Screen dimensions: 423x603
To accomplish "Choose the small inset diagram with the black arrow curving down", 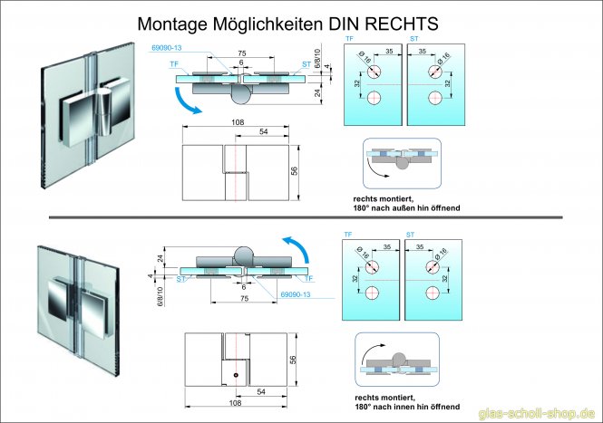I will [400, 161].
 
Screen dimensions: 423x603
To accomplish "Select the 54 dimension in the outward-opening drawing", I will [263, 131].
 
